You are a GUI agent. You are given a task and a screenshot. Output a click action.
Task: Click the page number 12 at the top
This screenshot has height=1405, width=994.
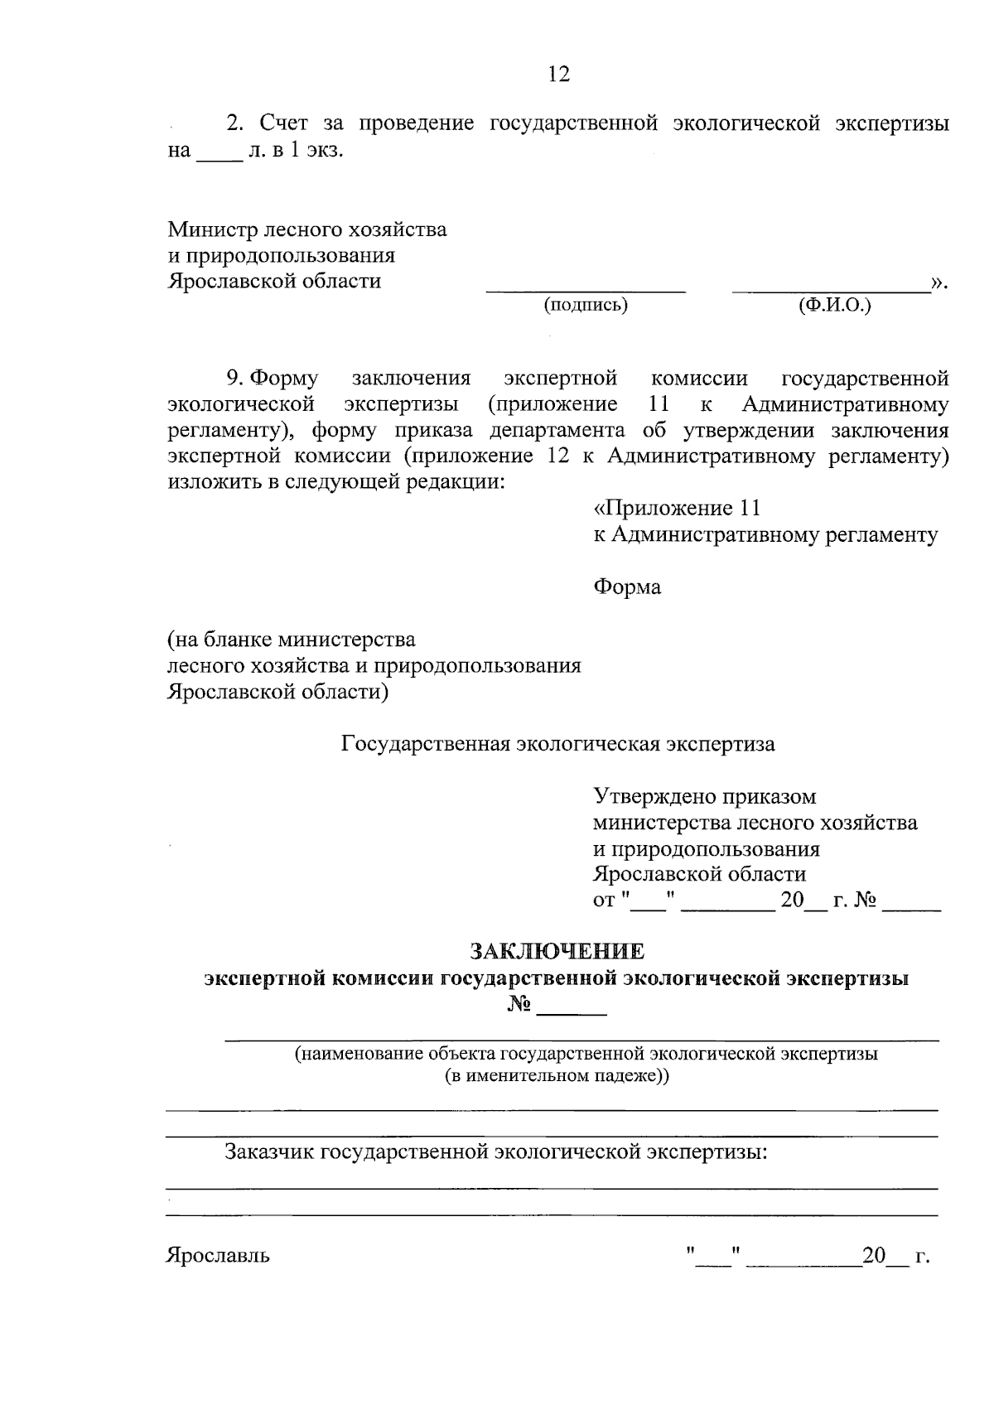pyautogui.click(x=559, y=75)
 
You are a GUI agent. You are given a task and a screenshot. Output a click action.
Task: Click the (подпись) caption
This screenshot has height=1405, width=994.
pyautogui.click(x=586, y=306)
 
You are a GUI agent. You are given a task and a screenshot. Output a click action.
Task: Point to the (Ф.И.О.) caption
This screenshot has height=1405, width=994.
pyautogui.click(x=834, y=306)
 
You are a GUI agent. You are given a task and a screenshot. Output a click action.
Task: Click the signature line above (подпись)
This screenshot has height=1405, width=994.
pyautogui.click(x=586, y=291)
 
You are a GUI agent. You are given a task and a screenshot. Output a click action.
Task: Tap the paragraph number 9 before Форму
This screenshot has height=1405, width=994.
pyautogui.click(x=234, y=379)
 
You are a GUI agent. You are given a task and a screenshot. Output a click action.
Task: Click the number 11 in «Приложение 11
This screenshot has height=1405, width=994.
pyautogui.click(x=749, y=508)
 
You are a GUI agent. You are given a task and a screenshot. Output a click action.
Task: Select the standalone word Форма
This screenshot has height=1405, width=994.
pyautogui.click(x=627, y=587)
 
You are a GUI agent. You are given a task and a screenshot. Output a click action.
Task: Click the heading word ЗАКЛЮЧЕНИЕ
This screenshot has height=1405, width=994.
pyautogui.click(x=557, y=949)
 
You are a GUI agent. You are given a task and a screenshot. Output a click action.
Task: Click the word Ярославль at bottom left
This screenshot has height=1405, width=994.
pyautogui.click(x=219, y=1255)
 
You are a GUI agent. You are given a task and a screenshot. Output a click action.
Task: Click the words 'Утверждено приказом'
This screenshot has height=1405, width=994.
pyautogui.click(x=704, y=797)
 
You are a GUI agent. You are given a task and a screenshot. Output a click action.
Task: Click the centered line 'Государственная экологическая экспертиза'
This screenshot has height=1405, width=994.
pyautogui.click(x=558, y=744)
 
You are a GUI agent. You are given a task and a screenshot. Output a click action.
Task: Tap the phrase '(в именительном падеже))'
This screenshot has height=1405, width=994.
pyautogui.click(x=557, y=1076)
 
